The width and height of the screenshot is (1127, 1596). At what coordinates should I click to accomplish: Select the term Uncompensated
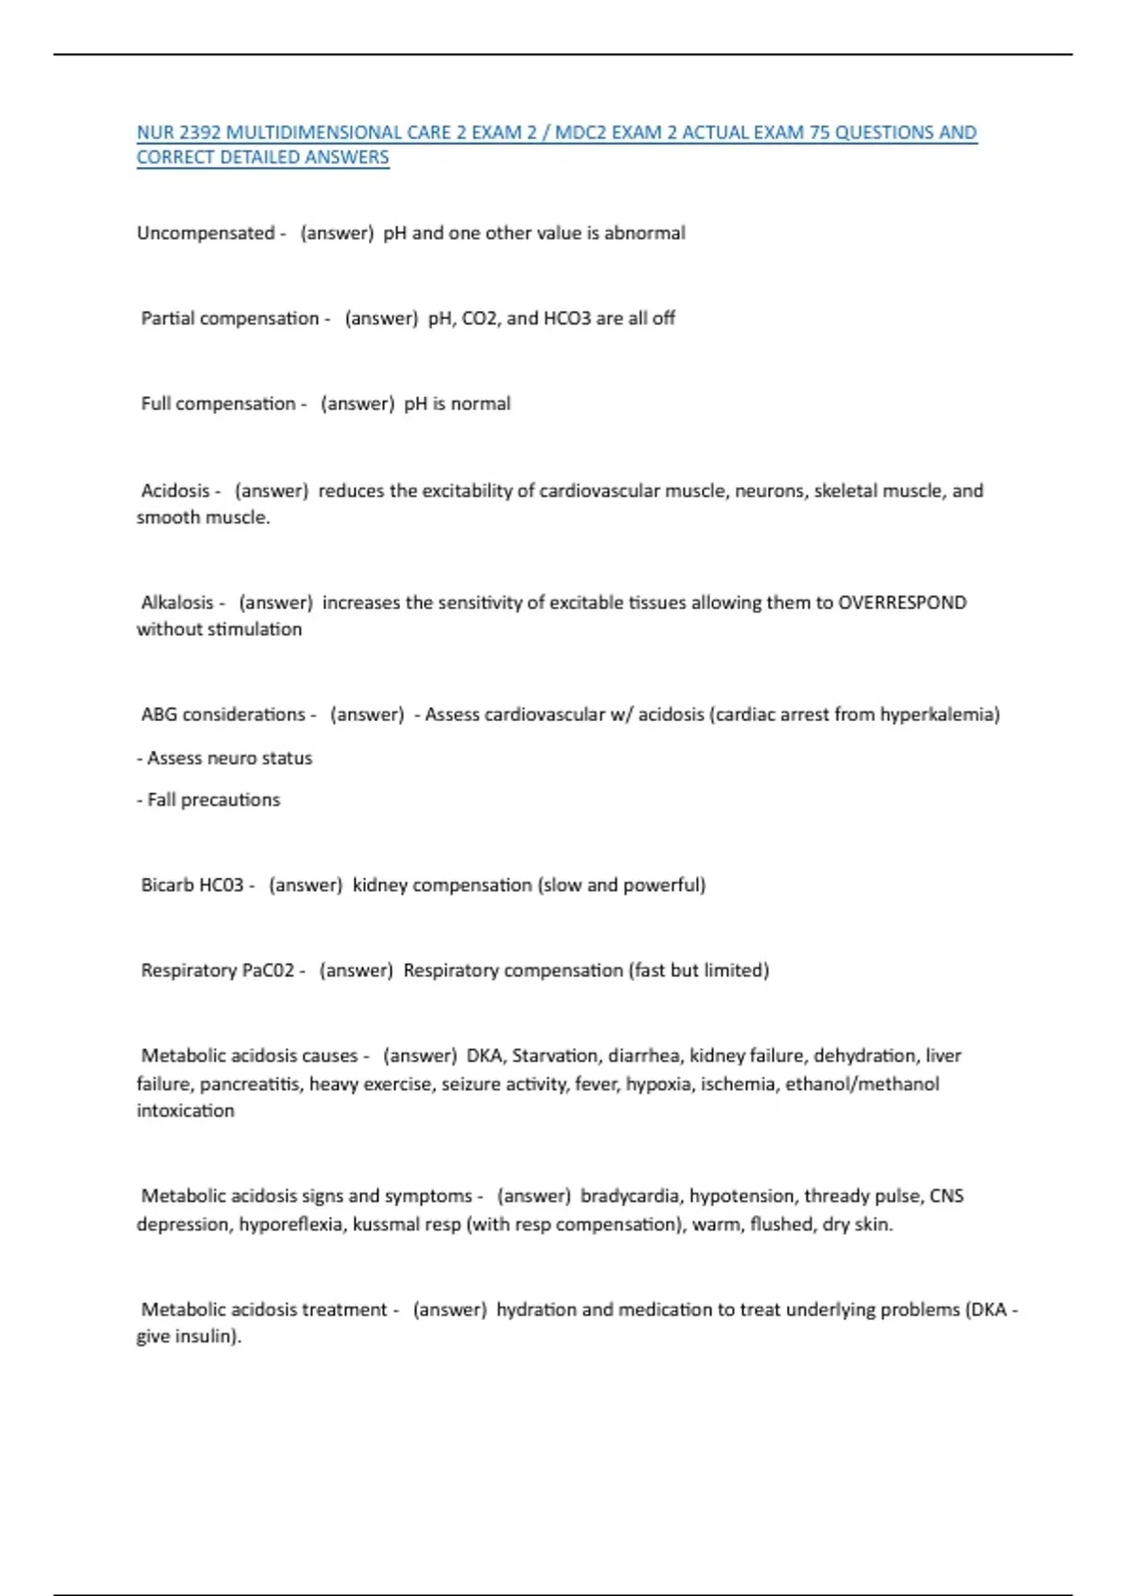[x=206, y=233]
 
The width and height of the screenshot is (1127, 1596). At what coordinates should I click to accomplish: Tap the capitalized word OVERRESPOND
[x=902, y=603]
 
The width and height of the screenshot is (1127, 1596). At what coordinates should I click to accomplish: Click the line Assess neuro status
[x=224, y=758]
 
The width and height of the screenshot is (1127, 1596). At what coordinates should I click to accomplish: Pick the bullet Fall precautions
[x=208, y=800]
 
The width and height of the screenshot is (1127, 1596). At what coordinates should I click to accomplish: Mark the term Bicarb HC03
[x=192, y=884]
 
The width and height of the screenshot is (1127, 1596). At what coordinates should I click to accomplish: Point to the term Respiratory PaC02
[x=217, y=970]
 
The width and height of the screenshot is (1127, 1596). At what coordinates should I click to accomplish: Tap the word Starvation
[x=555, y=1055]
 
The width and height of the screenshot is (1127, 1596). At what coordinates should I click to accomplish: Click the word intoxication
[x=185, y=1111]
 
